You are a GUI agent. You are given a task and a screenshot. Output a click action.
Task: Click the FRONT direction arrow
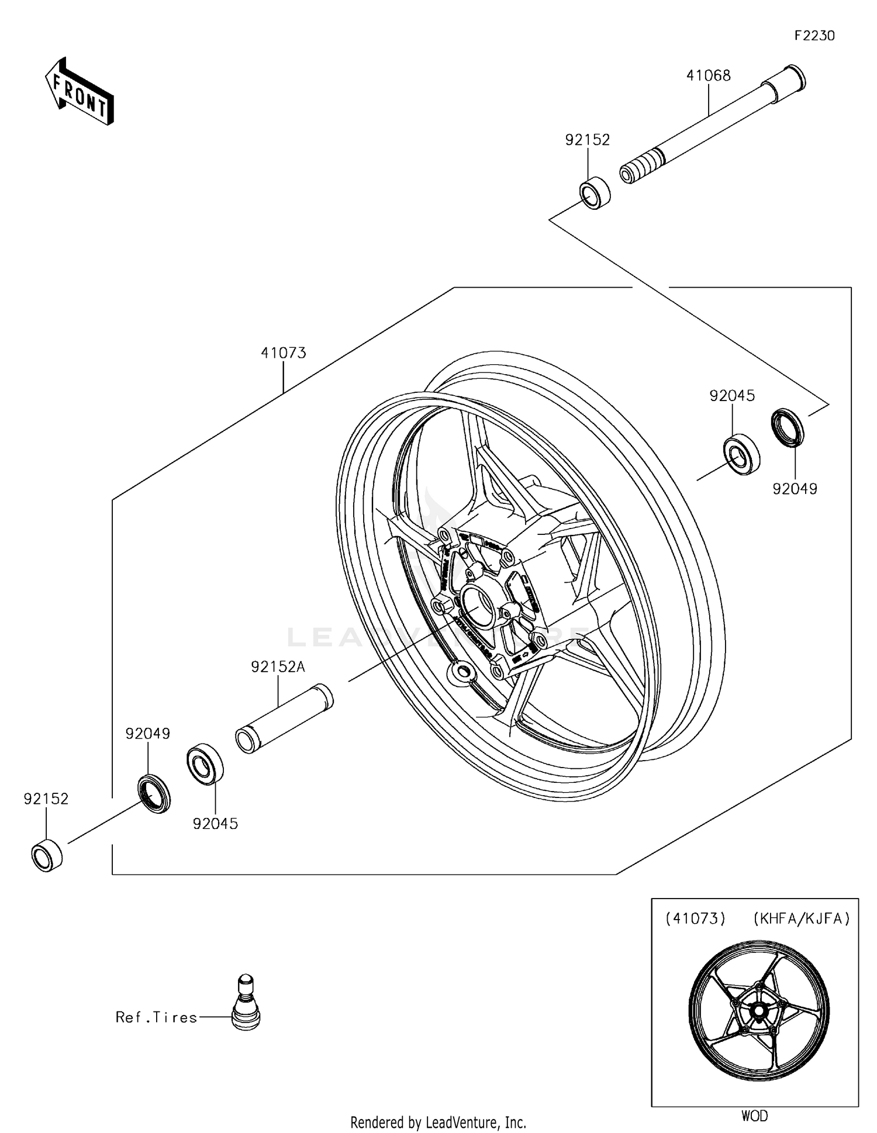pyautogui.click(x=80, y=92)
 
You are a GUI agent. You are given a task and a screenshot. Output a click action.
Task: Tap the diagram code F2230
pyautogui.click(x=814, y=36)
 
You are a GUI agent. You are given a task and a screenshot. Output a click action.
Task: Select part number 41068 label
pyautogui.click(x=708, y=75)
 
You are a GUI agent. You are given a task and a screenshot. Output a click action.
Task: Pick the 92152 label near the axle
pyautogui.click(x=587, y=140)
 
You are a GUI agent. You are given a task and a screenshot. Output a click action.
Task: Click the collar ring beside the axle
pyautogui.click(x=595, y=192)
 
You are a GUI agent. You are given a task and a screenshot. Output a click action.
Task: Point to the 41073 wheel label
pyautogui.click(x=284, y=353)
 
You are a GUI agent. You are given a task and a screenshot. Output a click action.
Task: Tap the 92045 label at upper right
pyautogui.click(x=732, y=396)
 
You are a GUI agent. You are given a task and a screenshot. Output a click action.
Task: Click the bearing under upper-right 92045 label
pyautogui.click(x=741, y=455)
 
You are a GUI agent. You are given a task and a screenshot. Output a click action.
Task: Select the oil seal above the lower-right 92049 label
pyautogui.click(x=787, y=429)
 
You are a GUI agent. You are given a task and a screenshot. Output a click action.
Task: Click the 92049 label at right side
pyautogui.click(x=795, y=489)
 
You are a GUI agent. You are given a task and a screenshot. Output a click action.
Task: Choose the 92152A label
pyautogui.click(x=278, y=666)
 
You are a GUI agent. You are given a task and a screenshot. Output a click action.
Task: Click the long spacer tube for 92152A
pyautogui.click(x=284, y=718)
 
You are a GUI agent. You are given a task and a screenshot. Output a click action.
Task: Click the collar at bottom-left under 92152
pyautogui.click(x=47, y=855)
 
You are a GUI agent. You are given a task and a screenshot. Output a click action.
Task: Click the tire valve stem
pyautogui.click(x=246, y=1003)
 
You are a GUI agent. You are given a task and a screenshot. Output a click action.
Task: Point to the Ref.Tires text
pyautogui.click(x=156, y=1017)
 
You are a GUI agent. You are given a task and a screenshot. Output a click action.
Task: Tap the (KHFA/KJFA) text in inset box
pyautogui.click(x=801, y=918)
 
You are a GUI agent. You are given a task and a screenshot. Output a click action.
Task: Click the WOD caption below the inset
pyautogui.click(x=754, y=1115)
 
